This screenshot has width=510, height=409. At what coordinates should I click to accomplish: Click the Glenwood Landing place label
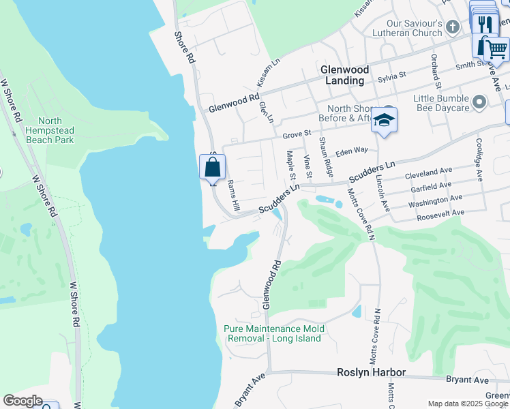[345, 75]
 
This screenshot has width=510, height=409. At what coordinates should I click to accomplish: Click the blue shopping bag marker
[212, 166]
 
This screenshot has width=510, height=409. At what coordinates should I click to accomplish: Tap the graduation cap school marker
[385, 121]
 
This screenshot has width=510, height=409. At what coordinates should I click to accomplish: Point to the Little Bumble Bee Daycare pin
[479, 103]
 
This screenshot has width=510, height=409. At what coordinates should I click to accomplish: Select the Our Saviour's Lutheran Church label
[405, 27]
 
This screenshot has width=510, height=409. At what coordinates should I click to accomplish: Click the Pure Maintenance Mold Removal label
[274, 333]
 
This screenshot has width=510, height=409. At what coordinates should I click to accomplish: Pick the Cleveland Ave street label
[429, 175]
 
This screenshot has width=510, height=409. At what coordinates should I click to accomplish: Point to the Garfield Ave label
[428, 185]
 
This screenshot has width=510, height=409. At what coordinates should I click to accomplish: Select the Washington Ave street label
[435, 200]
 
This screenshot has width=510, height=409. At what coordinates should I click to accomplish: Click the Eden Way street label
[352, 150]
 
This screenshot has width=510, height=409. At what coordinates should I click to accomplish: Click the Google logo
[22, 401]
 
